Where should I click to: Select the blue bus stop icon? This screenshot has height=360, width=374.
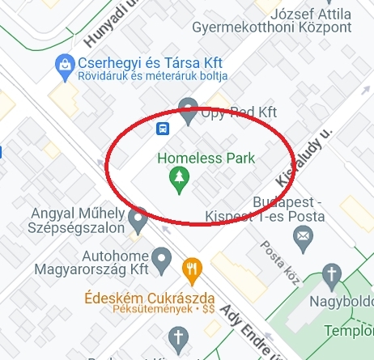point(163,128)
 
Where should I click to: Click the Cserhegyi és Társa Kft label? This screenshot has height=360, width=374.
point(145,62)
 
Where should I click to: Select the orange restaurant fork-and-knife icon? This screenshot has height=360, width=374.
point(191,269)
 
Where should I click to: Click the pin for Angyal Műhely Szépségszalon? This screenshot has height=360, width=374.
point(138,217)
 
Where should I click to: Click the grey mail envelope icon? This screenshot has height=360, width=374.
point(303,236)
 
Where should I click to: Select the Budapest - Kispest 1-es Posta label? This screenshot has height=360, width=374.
point(277,209)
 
